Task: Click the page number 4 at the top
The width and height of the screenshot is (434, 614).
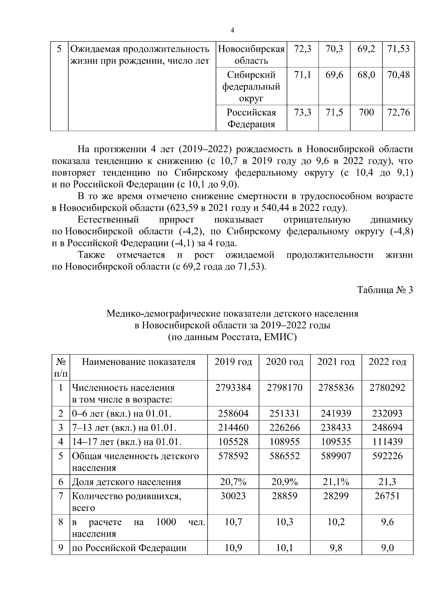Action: [x=232, y=30]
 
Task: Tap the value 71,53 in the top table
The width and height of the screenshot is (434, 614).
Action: [x=398, y=48]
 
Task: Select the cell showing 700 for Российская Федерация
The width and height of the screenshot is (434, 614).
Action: [x=366, y=113]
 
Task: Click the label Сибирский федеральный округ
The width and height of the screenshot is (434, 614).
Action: [x=251, y=86]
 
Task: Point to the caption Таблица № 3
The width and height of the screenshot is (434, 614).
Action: [x=385, y=290]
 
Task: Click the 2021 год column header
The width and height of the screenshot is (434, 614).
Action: [x=336, y=362]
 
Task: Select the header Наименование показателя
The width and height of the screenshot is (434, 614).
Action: [x=139, y=362]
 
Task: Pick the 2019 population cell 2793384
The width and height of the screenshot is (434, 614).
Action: [x=233, y=388]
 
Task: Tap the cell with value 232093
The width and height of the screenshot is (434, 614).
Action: [x=387, y=413]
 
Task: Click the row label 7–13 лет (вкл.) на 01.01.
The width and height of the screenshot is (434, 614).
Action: [x=124, y=428]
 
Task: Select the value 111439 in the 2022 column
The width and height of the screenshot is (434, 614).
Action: [x=387, y=442]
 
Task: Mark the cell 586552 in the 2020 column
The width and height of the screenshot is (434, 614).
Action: [x=284, y=456]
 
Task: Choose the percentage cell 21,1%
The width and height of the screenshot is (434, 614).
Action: [x=336, y=482]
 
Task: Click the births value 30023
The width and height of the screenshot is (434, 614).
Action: [x=233, y=496]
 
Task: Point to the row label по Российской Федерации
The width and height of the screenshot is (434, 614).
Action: [x=129, y=548]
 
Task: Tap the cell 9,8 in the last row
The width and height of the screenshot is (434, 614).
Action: [x=336, y=548]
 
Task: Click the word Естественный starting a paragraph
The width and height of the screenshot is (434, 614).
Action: [x=108, y=220]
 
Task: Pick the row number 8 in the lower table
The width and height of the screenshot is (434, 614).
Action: [x=61, y=522]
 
